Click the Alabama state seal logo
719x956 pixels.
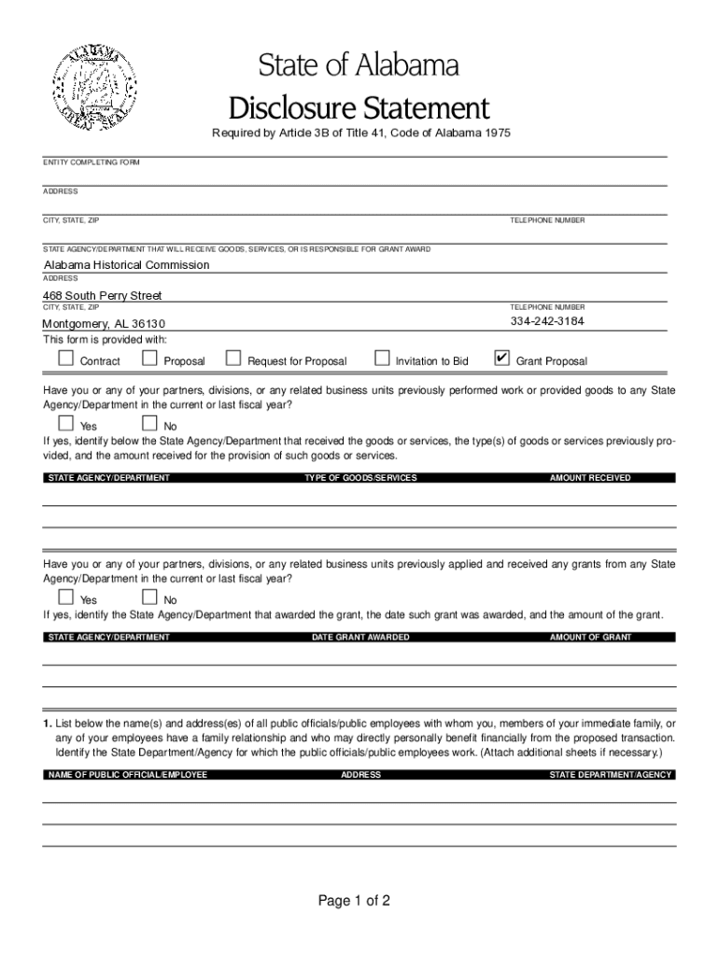[92, 85]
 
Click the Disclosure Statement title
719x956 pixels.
[359, 106]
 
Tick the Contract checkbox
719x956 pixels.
[65, 358]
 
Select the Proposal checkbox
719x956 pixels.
[149, 358]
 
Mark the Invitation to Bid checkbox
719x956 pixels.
[381, 358]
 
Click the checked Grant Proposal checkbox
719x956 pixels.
[501, 358]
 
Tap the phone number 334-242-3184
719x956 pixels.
[547, 321]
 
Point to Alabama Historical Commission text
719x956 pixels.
[127, 265]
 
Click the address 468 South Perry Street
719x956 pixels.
[104, 296]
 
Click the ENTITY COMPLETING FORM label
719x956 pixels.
[92, 162]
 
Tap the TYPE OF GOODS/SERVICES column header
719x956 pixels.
[360, 478]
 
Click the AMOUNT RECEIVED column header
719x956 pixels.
[590, 478]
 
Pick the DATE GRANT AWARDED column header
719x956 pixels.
[360, 638]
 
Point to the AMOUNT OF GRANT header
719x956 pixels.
[590, 638]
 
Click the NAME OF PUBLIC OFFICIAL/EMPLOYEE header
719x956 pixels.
[127, 775]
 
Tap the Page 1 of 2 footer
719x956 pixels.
[353, 901]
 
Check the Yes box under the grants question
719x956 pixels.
[65, 597]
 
